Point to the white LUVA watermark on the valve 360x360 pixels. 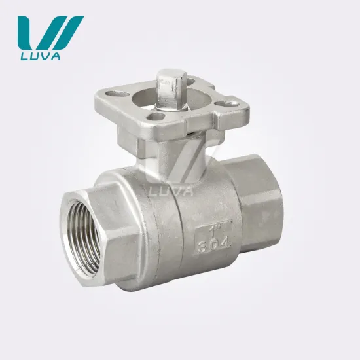pyautogui.click(x=172, y=191)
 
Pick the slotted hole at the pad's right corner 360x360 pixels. pyautogui.click(x=226, y=103)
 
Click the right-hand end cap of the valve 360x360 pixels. pyautogui.click(x=262, y=196)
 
